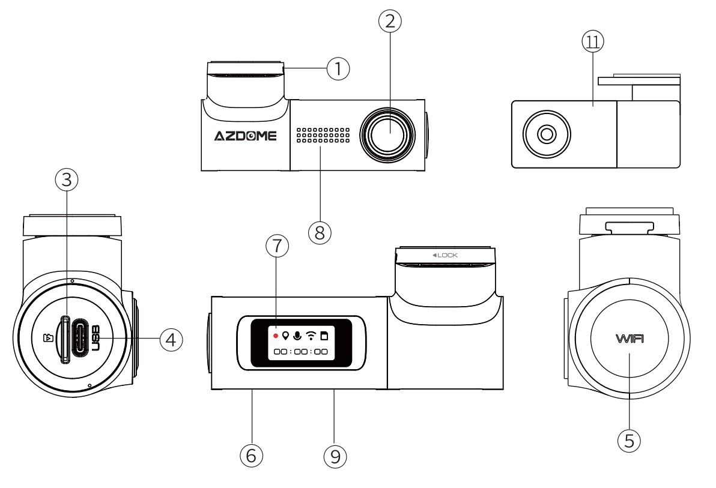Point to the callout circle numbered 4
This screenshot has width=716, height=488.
pos(171,340)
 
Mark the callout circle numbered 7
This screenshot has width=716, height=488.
pos(277,246)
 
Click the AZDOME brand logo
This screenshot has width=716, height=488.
pos(246,136)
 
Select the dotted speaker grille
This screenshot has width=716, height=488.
pos(323,136)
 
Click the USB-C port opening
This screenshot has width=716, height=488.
pos(80,340)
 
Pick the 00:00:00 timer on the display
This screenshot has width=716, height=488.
pos(300,352)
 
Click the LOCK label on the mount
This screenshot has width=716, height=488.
pos(446,255)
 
